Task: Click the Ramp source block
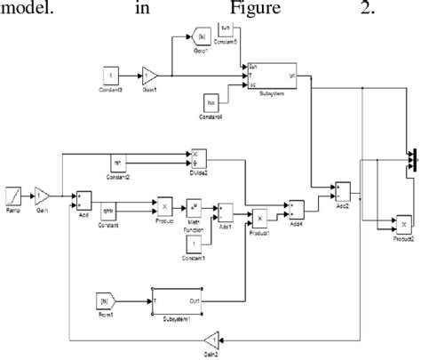click(13, 193)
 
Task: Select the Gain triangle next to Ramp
click(41, 193)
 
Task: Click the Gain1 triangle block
click(150, 75)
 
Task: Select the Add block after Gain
click(83, 197)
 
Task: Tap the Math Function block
click(195, 206)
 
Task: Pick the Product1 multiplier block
click(260, 218)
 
